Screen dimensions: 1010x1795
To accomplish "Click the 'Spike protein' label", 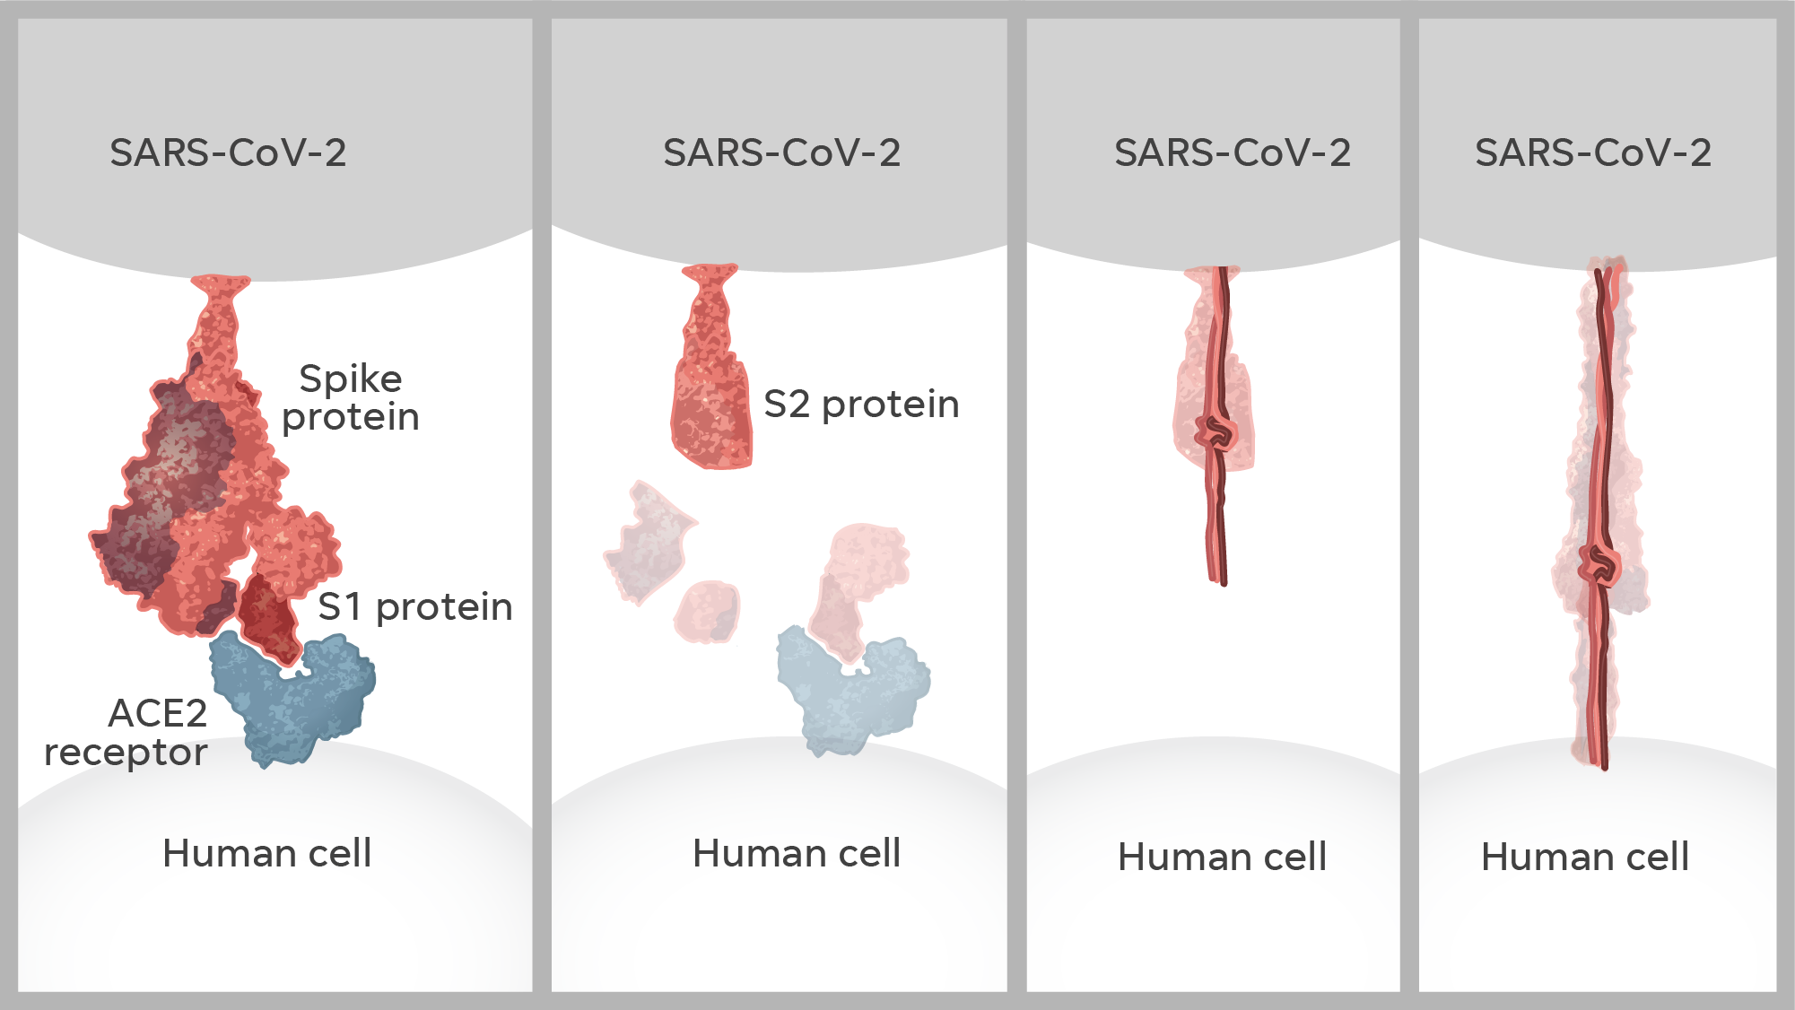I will point(351,397).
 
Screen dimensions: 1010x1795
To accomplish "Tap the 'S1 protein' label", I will point(415,607).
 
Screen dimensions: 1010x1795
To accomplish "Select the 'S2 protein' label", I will point(861,405).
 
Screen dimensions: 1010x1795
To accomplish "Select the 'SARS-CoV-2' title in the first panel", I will point(228,152).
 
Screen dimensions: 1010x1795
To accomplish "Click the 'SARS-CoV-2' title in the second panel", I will point(781,152).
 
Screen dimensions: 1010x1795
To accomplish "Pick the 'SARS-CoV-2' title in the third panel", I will point(1232,152).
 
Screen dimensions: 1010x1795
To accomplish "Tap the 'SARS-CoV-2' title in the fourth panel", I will point(1592,152).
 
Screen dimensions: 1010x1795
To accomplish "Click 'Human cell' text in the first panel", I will point(266,853).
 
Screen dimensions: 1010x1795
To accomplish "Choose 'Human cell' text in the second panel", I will point(797,853).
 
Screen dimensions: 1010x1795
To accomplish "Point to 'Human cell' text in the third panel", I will point(1222,857).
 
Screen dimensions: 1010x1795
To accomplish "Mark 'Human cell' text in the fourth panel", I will point(1585,857).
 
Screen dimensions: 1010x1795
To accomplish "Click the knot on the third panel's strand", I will point(1216,433).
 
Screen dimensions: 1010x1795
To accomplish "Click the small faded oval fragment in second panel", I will point(709,611).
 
